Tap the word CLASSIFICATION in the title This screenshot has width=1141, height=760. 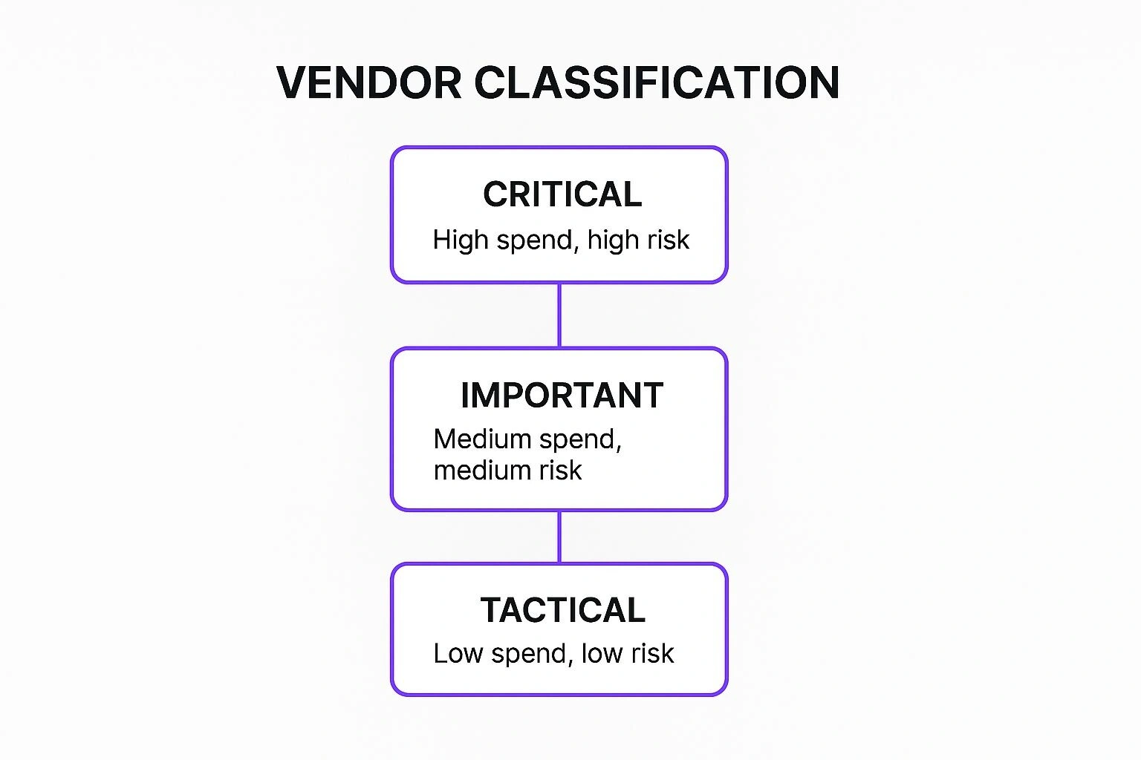[657, 82]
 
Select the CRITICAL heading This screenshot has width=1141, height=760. [562, 194]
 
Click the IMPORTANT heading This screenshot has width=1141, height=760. [562, 396]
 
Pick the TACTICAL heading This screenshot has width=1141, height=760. [562, 610]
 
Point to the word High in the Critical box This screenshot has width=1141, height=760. [461, 240]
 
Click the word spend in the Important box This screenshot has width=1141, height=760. [579, 440]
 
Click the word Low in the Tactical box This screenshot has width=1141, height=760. [458, 653]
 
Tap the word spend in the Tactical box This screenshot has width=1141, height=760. [532, 654]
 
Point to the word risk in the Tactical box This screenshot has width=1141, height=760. [653, 653]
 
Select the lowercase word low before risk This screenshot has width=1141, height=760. [603, 653]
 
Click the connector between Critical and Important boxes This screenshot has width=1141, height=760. [559, 315]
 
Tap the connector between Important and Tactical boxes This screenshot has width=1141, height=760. [559, 537]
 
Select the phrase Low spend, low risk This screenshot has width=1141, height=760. [553, 653]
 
